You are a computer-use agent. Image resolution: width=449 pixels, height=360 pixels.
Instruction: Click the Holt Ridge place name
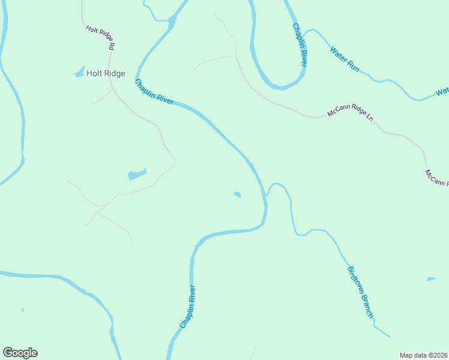(106, 73)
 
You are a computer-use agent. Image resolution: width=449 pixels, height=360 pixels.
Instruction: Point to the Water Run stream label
(344, 59)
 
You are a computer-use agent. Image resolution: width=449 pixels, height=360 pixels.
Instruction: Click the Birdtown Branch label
(360, 292)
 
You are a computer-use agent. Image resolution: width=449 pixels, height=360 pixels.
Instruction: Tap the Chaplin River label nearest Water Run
(300, 44)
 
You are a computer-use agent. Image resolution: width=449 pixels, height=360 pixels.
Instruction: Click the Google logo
(20, 353)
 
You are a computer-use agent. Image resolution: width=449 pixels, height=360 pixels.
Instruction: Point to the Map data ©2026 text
(423, 355)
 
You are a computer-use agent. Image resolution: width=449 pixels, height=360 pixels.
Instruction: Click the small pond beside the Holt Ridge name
(79, 73)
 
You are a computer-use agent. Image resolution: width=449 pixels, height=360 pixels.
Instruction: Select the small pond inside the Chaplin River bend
(238, 194)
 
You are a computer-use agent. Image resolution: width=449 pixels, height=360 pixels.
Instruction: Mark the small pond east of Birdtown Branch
(431, 279)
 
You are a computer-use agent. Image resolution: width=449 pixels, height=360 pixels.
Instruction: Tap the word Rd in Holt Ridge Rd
(111, 44)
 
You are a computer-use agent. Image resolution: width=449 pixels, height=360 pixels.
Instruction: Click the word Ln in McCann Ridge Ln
(369, 118)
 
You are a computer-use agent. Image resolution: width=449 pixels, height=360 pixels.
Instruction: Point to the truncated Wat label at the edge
(442, 92)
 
